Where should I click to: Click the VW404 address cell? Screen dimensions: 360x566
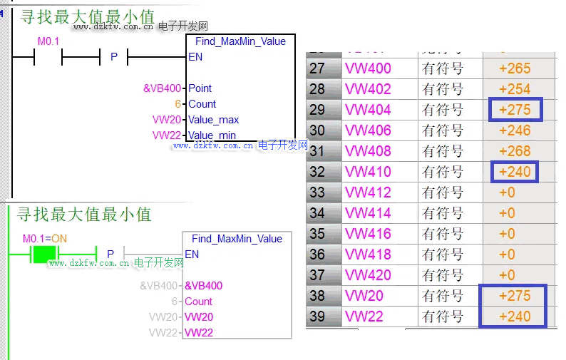[368, 110]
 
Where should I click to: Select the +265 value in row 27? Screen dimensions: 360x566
[515, 68]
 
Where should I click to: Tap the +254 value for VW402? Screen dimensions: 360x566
[515, 89]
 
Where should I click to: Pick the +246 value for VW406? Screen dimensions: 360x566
[515, 130]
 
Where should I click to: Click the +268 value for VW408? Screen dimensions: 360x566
[515, 151]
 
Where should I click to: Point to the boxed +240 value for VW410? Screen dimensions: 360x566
[515, 172]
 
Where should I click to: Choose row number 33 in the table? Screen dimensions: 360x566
[317, 192]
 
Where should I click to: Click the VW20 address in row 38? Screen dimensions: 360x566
[364, 296]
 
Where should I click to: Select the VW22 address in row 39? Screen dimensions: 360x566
[364, 317]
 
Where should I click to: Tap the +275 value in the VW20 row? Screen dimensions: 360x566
[515, 296]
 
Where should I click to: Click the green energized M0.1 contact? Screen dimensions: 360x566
[44, 253]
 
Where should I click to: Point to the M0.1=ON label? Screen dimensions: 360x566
[44, 238]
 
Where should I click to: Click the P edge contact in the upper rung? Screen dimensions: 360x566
[114, 57]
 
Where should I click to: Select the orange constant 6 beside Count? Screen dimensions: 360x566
[177, 104]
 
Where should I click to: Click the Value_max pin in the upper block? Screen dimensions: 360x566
[213, 120]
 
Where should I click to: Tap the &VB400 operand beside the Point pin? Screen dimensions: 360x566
[163, 88]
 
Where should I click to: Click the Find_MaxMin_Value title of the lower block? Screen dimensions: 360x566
[237, 239]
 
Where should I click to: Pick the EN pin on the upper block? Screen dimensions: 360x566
[195, 57]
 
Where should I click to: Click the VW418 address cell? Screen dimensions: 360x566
[368, 254]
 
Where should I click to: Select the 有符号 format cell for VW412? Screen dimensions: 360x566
[443, 192]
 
